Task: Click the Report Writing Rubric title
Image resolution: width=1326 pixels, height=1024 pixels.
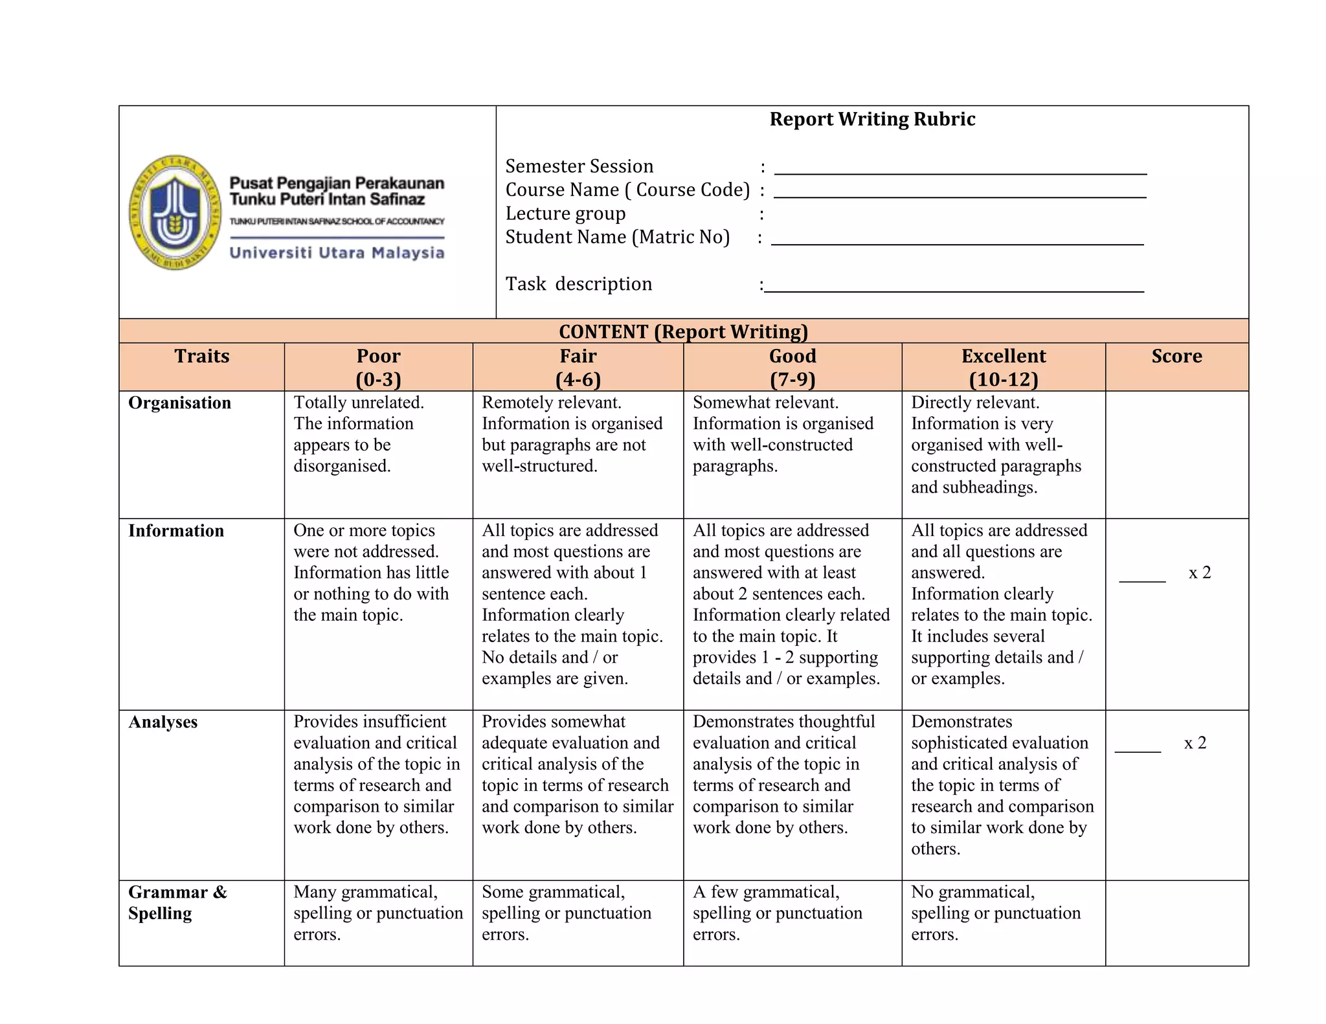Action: point(871,120)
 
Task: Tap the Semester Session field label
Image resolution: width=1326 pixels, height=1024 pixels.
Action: point(579,166)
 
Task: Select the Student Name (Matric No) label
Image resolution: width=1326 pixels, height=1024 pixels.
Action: point(617,237)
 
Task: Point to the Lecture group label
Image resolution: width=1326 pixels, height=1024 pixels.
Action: point(565,214)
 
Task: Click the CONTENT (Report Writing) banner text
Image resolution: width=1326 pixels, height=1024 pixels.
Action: point(683,331)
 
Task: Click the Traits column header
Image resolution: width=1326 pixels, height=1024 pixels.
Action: point(201,356)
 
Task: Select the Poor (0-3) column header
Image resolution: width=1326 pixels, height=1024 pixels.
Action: point(378,367)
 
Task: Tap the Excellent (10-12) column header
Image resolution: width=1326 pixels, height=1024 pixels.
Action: point(1003,367)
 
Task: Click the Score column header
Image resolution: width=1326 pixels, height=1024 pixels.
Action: point(1176,356)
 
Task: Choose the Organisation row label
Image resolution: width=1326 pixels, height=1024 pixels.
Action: point(179,403)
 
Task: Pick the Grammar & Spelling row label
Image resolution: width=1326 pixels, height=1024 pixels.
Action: point(177,902)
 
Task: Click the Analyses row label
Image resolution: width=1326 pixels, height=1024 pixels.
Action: point(163,722)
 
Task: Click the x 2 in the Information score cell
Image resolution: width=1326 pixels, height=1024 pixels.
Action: point(1199,573)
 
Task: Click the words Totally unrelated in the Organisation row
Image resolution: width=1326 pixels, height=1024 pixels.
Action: point(359,403)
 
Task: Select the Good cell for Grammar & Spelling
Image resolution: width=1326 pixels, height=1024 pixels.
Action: point(777,913)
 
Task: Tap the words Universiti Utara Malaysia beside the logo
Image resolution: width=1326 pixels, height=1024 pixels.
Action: point(337,252)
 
